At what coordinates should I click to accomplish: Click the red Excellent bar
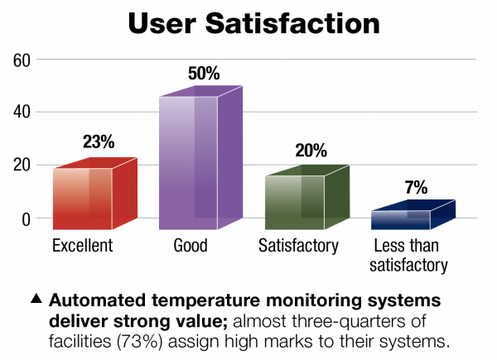pos(95,194)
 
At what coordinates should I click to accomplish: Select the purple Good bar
pos(200,158)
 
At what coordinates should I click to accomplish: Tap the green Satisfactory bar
pos(307,197)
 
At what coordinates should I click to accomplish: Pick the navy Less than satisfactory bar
pos(413,214)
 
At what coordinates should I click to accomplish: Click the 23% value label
pos(99,142)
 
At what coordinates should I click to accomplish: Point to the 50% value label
pos(204,73)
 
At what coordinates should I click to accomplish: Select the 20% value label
pos(311,151)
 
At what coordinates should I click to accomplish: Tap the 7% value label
pos(416,187)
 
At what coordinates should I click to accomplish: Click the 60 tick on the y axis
pos(22,60)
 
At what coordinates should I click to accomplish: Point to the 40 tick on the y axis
pos(22,112)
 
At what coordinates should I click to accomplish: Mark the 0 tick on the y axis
pos(26,219)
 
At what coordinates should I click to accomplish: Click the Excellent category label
pos(82,246)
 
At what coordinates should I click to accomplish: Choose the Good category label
pos(191,246)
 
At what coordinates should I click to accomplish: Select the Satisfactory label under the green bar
pos(298,246)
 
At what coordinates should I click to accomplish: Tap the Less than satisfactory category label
pos(408,256)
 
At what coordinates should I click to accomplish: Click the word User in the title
pos(162,23)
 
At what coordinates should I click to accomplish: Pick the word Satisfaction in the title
pos(293,23)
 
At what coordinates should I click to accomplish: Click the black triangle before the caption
pos(36,298)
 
